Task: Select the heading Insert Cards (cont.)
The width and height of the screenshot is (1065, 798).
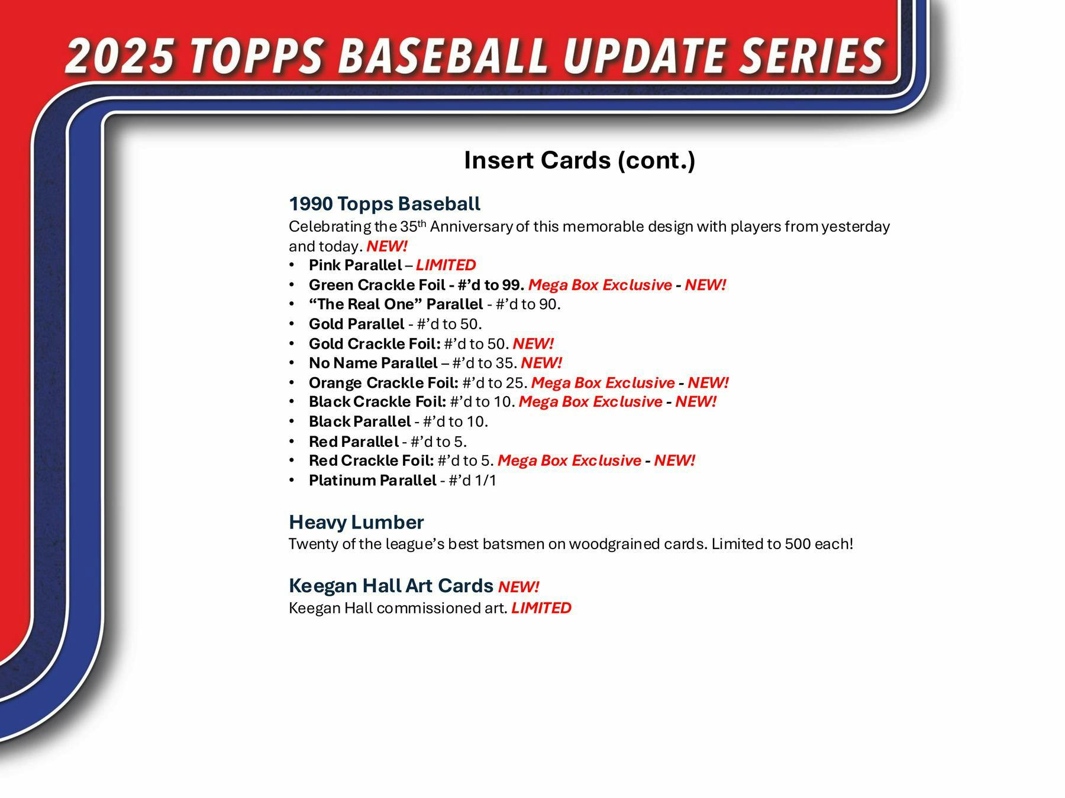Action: coord(579,160)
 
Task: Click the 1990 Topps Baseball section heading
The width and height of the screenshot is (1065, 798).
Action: coord(385,204)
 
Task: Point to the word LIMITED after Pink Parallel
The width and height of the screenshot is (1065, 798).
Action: coord(446,265)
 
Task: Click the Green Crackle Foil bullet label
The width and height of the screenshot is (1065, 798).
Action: coord(377,285)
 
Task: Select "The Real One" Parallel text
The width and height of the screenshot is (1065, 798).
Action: coord(395,304)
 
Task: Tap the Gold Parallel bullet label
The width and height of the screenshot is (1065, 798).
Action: coord(356,324)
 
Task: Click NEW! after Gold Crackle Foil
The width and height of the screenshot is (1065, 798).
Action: coord(533,343)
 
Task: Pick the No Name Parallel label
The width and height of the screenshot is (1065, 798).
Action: coord(373,363)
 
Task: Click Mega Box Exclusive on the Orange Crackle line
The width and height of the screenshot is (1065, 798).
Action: coord(602,383)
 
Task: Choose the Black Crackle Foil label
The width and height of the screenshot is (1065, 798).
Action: coord(377,402)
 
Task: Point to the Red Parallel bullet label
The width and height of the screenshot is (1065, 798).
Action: coord(353,442)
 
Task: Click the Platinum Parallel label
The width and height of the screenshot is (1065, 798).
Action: coord(372,481)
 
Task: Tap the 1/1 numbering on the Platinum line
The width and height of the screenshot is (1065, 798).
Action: coord(485,481)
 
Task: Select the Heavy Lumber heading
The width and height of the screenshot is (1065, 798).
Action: coord(356,523)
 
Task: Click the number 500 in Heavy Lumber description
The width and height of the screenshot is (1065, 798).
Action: coord(797,544)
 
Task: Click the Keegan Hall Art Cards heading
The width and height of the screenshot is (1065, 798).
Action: coord(390,586)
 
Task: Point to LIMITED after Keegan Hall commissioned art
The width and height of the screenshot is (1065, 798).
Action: coord(541,608)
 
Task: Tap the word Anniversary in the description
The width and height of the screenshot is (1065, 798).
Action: coord(470,227)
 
